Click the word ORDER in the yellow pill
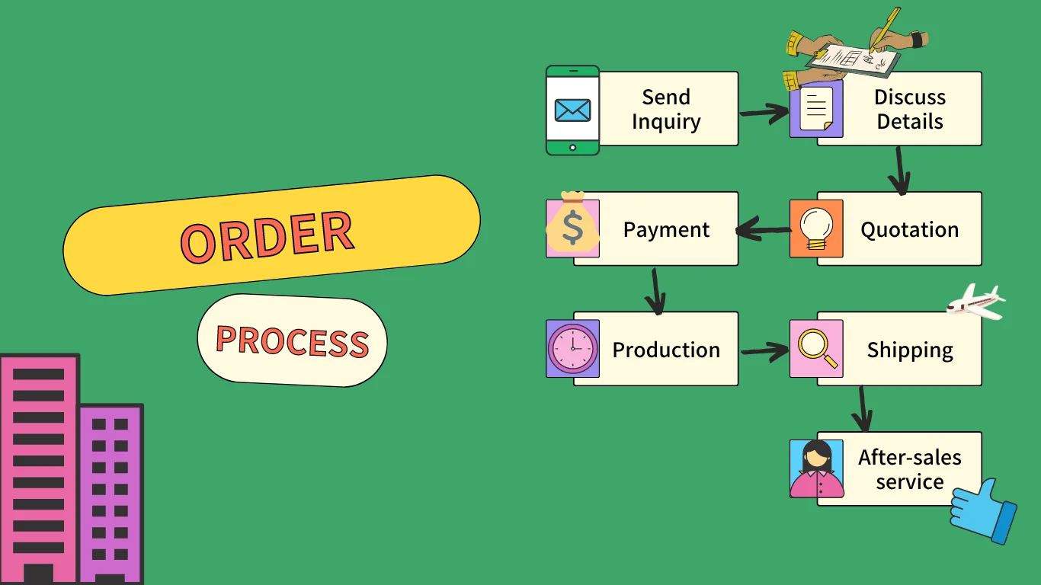point(267,236)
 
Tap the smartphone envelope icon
point(572,110)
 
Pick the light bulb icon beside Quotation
point(815,228)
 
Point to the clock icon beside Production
point(572,349)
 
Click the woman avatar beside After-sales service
point(816,468)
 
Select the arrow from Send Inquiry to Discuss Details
point(764,113)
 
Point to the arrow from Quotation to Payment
point(763,229)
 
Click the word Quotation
point(909,229)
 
